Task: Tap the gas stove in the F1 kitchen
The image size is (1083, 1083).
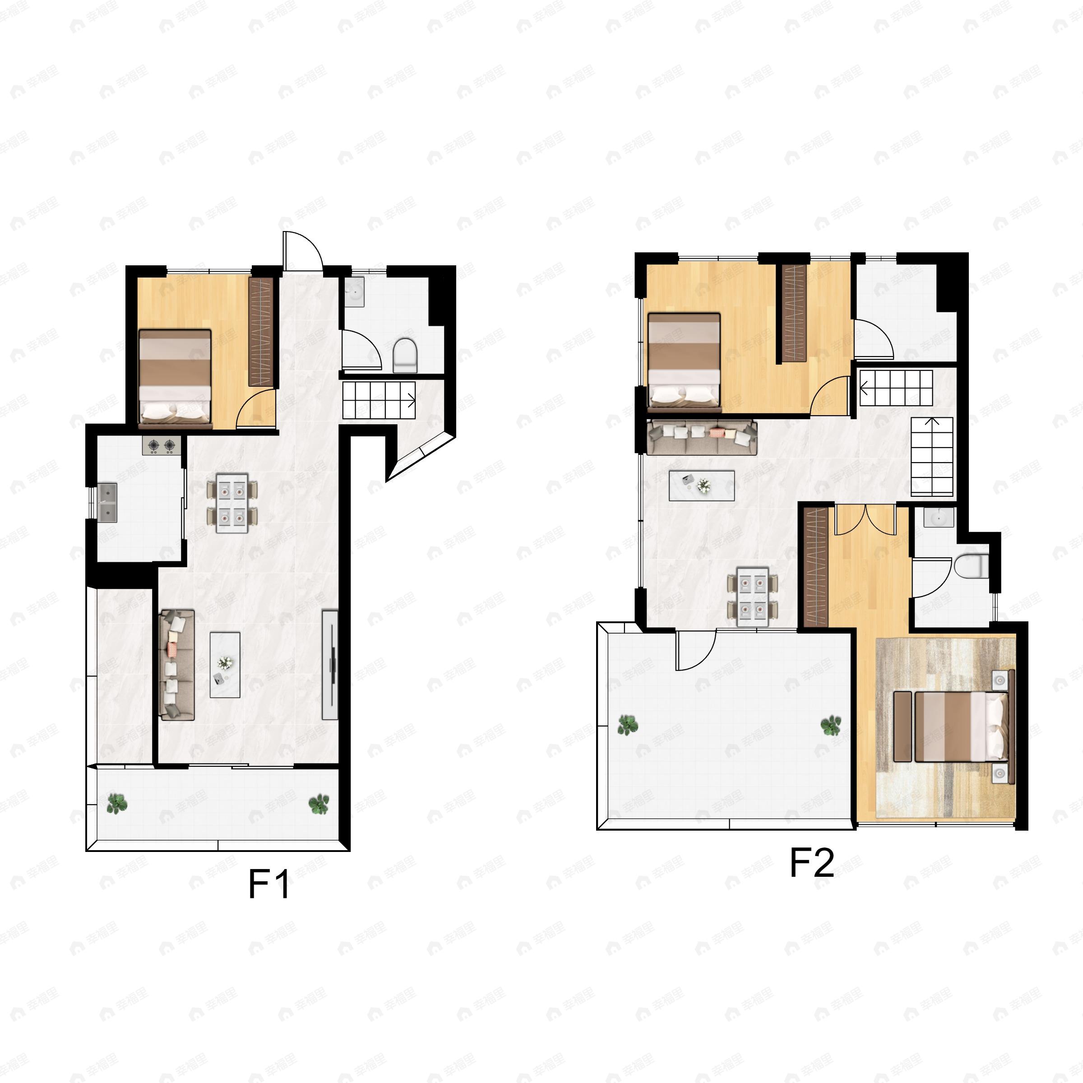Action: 162,446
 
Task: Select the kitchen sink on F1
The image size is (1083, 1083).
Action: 107,502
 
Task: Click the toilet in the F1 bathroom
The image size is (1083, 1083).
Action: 405,355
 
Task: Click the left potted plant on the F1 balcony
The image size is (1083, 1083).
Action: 116,804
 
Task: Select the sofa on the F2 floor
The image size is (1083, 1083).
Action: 701,437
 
